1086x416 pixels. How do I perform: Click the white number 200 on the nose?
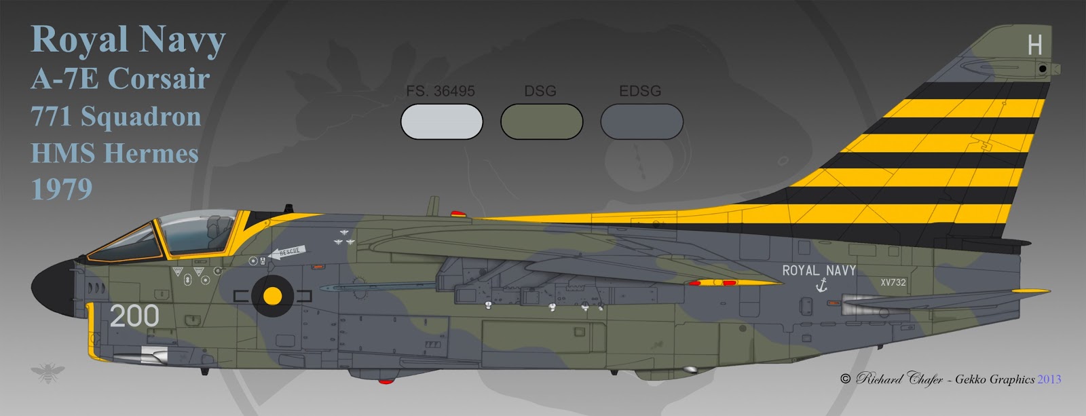pyautogui.click(x=134, y=316)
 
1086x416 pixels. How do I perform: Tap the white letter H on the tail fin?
pyautogui.click(x=1034, y=45)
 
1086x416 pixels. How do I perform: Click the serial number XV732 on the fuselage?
pyautogui.click(x=893, y=282)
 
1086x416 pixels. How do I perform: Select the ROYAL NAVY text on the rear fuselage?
pyautogui.click(x=819, y=270)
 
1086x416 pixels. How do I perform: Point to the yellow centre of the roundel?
pyautogui.click(x=272, y=296)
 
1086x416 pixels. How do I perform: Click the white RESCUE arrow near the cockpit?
pyautogui.click(x=285, y=252)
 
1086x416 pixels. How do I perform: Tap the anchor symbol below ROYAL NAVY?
pyautogui.click(x=821, y=286)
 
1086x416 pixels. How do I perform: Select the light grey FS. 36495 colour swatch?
pyautogui.click(x=441, y=122)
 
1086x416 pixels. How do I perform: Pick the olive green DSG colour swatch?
pyautogui.click(x=541, y=122)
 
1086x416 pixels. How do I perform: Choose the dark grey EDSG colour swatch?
pyautogui.click(x=641, y=122)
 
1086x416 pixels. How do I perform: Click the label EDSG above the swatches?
pyautogui.click(x=639, y=91)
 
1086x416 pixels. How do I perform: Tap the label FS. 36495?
pyautogui.click(x=441, y=91)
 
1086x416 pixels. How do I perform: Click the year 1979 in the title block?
pyautogui.click(x=62, y=189)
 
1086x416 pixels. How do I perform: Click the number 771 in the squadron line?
pyautogui.click(x=52, y=116)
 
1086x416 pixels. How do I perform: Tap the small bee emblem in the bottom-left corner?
pyautogui.click(x=48, y=373)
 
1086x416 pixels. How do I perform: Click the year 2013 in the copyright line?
pyautogui.click(x=1049, y=379)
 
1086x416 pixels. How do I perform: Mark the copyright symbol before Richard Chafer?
pyautogui.click(x=845, y=379)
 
